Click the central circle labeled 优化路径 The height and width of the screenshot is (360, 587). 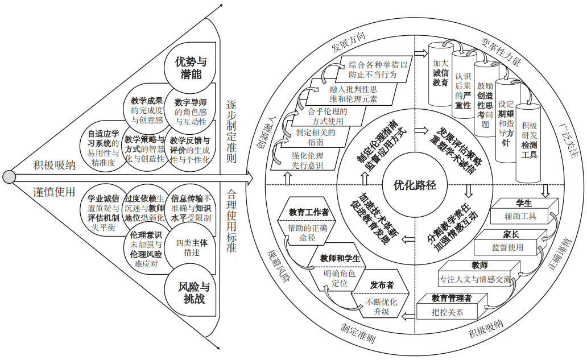(415, 184)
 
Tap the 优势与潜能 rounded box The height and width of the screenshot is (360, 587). (191, 67)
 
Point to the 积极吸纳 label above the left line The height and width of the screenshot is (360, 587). (55, 165)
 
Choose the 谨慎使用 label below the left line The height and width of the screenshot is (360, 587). (53, 192)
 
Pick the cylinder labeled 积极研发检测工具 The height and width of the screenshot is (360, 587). (530, 140)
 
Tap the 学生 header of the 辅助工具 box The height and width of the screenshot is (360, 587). (523, 203)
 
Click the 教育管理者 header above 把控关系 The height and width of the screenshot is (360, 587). (452, 298)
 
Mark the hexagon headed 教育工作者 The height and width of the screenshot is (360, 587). (308, 213)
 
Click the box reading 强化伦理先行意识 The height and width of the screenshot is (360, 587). (308, 160)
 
